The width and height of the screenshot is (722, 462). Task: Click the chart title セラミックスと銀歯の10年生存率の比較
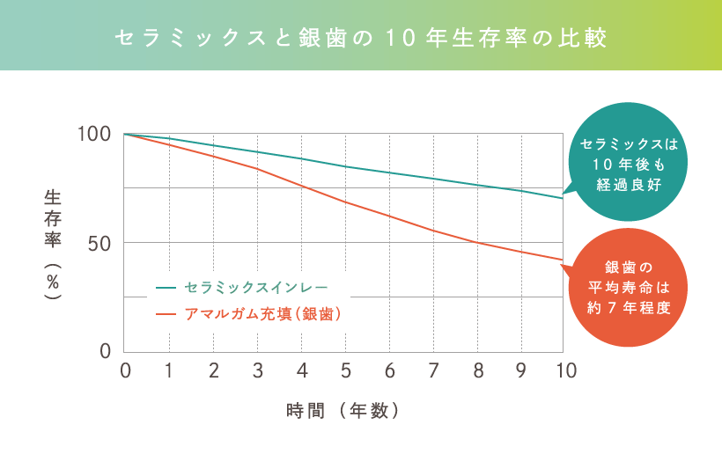(361, 39)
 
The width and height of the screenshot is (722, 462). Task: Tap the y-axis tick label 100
(94, 135)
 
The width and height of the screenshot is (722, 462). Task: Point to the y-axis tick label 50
(99, 243)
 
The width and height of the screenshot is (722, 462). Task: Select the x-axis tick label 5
(345, 371)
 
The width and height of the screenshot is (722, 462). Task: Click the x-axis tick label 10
(564, 371)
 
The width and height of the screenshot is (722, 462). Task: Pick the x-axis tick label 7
(433, 371)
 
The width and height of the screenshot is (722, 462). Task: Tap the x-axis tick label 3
(257, 371)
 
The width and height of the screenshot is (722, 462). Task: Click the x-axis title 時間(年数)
(344, 410)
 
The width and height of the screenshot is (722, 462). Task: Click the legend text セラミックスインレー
(256, 288)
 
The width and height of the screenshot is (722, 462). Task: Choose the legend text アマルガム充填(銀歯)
(262, 313)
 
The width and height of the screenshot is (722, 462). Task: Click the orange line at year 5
(345, 202)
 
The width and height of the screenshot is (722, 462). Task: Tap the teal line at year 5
(345, 166)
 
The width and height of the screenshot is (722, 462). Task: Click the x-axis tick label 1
(169, 371)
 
